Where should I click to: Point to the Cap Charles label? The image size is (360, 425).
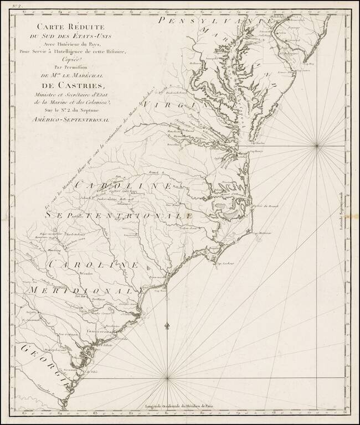click(x=258, y=141)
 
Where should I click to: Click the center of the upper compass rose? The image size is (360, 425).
click(x=317, y=146)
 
